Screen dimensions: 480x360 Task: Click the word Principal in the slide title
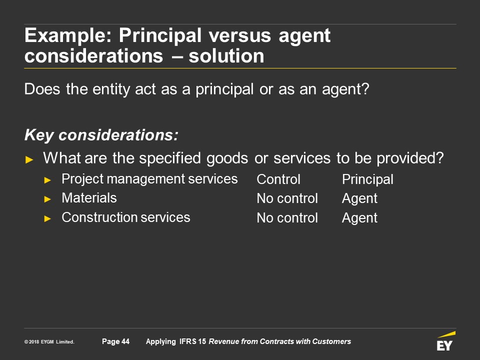pos(160,35)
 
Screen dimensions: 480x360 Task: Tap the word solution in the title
pos(226,56)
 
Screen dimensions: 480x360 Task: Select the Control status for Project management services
pos(278,179)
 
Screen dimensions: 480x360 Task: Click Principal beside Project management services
pos(367,179)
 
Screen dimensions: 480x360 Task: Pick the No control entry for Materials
pos(287,198)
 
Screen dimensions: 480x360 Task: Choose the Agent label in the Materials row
pos(359,199)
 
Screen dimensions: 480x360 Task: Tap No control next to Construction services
pos(287,218)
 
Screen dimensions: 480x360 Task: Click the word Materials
pos(89,198)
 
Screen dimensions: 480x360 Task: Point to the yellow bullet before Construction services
pos(47,218)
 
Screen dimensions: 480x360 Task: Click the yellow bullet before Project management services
pos(47,180)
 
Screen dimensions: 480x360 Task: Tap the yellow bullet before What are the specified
pos(29,159)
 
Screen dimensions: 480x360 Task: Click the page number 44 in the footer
pos(125,341)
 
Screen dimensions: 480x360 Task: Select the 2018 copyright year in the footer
pos(34,342)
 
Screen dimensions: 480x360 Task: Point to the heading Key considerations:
pos(101,135)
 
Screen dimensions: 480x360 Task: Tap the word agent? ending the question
pos(345,89)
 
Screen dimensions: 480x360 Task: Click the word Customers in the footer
pos(331,341)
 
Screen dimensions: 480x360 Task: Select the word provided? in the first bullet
pos(410,158)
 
